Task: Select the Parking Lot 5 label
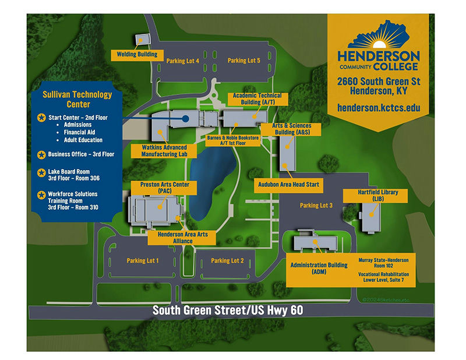[x=245, y=61]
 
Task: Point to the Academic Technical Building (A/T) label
[x=257, y=98]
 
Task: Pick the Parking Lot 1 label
[x=143, y=260]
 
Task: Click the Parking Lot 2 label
[x=227, y=260]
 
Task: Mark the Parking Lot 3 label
[x=316, y=206]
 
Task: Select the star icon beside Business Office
[x=41, y=154]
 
